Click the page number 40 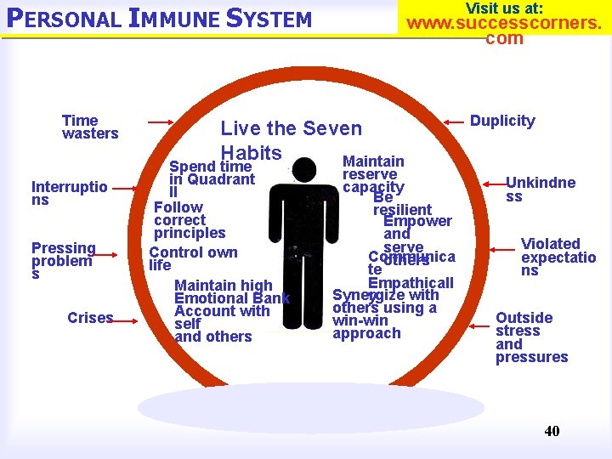coord(552,431)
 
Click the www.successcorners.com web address coord(504,29)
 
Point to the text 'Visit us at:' coord(504,8)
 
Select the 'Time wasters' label coord(89,127)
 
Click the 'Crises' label coord(90,318)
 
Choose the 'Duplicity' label coord(502,121)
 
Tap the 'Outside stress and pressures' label coord(531,337)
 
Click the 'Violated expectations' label coord(558,257)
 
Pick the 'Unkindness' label coord(540,189)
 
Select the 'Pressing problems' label coord(63,261)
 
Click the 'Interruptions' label coord(69,193)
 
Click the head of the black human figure coord(303,171)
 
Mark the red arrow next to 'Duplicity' coord(443,122)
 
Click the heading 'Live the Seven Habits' coord(291,140)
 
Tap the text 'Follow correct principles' coord(189,220)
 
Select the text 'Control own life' coord(192,258)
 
